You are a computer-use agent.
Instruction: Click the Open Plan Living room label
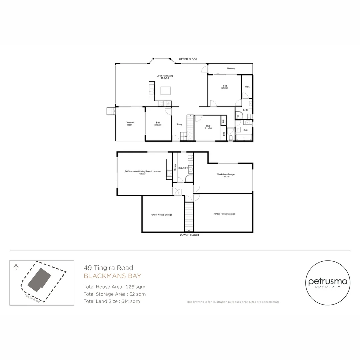click(165, 77)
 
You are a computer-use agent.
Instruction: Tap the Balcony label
click(231, 68)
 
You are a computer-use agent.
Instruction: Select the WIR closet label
click(247, 87)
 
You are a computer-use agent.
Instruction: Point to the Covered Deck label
click(130, 124)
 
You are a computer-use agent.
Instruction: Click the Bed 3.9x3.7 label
click(225, 87)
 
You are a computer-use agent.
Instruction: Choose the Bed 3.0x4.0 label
click(158, 124)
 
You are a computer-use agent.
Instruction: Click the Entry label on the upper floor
click(179, 124)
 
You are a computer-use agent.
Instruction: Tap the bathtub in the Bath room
click(243, 137)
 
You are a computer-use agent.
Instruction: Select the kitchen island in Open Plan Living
click(165, 91)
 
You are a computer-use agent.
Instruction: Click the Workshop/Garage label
click(223, 175)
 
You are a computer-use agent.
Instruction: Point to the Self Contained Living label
click(143, 172)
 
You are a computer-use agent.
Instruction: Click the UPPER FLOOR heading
click(188, 59)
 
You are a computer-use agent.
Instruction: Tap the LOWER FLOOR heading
click(189, 235)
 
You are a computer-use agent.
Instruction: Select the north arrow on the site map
click(16, 267)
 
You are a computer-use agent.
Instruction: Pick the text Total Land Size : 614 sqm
click(112, 301)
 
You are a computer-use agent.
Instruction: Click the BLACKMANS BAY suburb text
click(112, 276)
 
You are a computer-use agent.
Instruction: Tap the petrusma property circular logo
click(328, 283)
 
